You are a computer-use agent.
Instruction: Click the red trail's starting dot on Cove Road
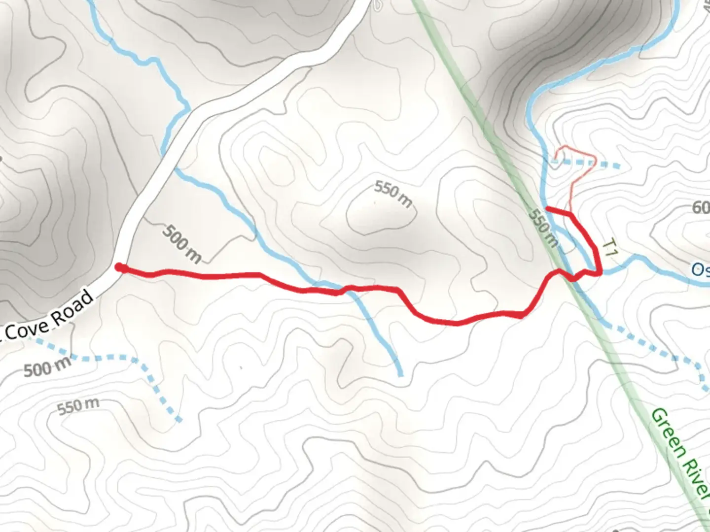pos(120,267)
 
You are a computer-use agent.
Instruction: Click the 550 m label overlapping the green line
pos(543,228)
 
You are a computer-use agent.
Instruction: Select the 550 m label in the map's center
pos(392,193)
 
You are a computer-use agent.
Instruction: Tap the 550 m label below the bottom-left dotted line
pos(78,406)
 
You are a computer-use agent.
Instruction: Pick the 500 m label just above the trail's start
pos(182,243)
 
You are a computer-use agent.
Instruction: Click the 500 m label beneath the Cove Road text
pos(47,367)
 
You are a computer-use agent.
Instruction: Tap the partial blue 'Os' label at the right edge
pos(700,269)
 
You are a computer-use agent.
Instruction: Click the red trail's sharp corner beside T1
pos(600,272)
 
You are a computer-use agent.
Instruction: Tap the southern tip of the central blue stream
pos(400,374)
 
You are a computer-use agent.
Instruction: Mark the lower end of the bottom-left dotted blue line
pos(179,420)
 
